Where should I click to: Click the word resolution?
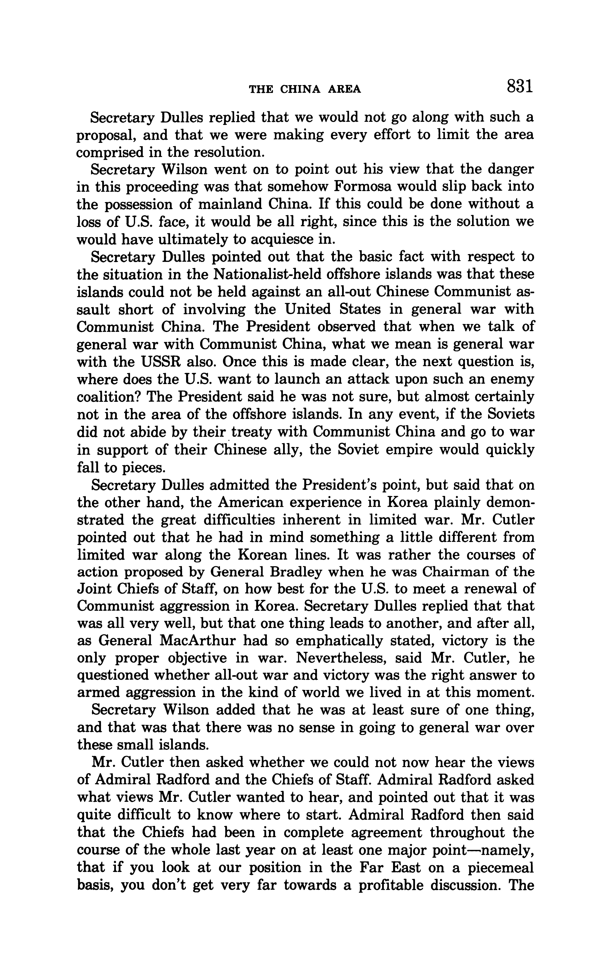pyautogui.click(x=230, y=152)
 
